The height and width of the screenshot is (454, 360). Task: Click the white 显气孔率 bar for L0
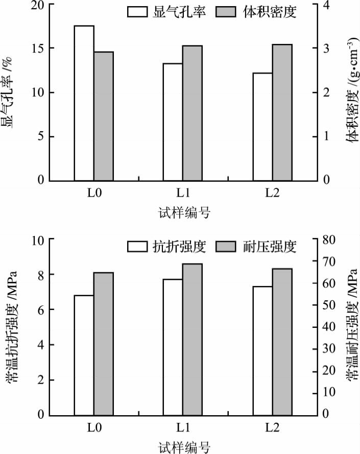coord(84,103)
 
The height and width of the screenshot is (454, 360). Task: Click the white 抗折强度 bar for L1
coord(173,347)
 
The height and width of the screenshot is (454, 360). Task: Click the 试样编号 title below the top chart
coord(183,212)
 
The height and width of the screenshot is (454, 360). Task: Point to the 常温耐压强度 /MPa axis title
coord(351,327)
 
